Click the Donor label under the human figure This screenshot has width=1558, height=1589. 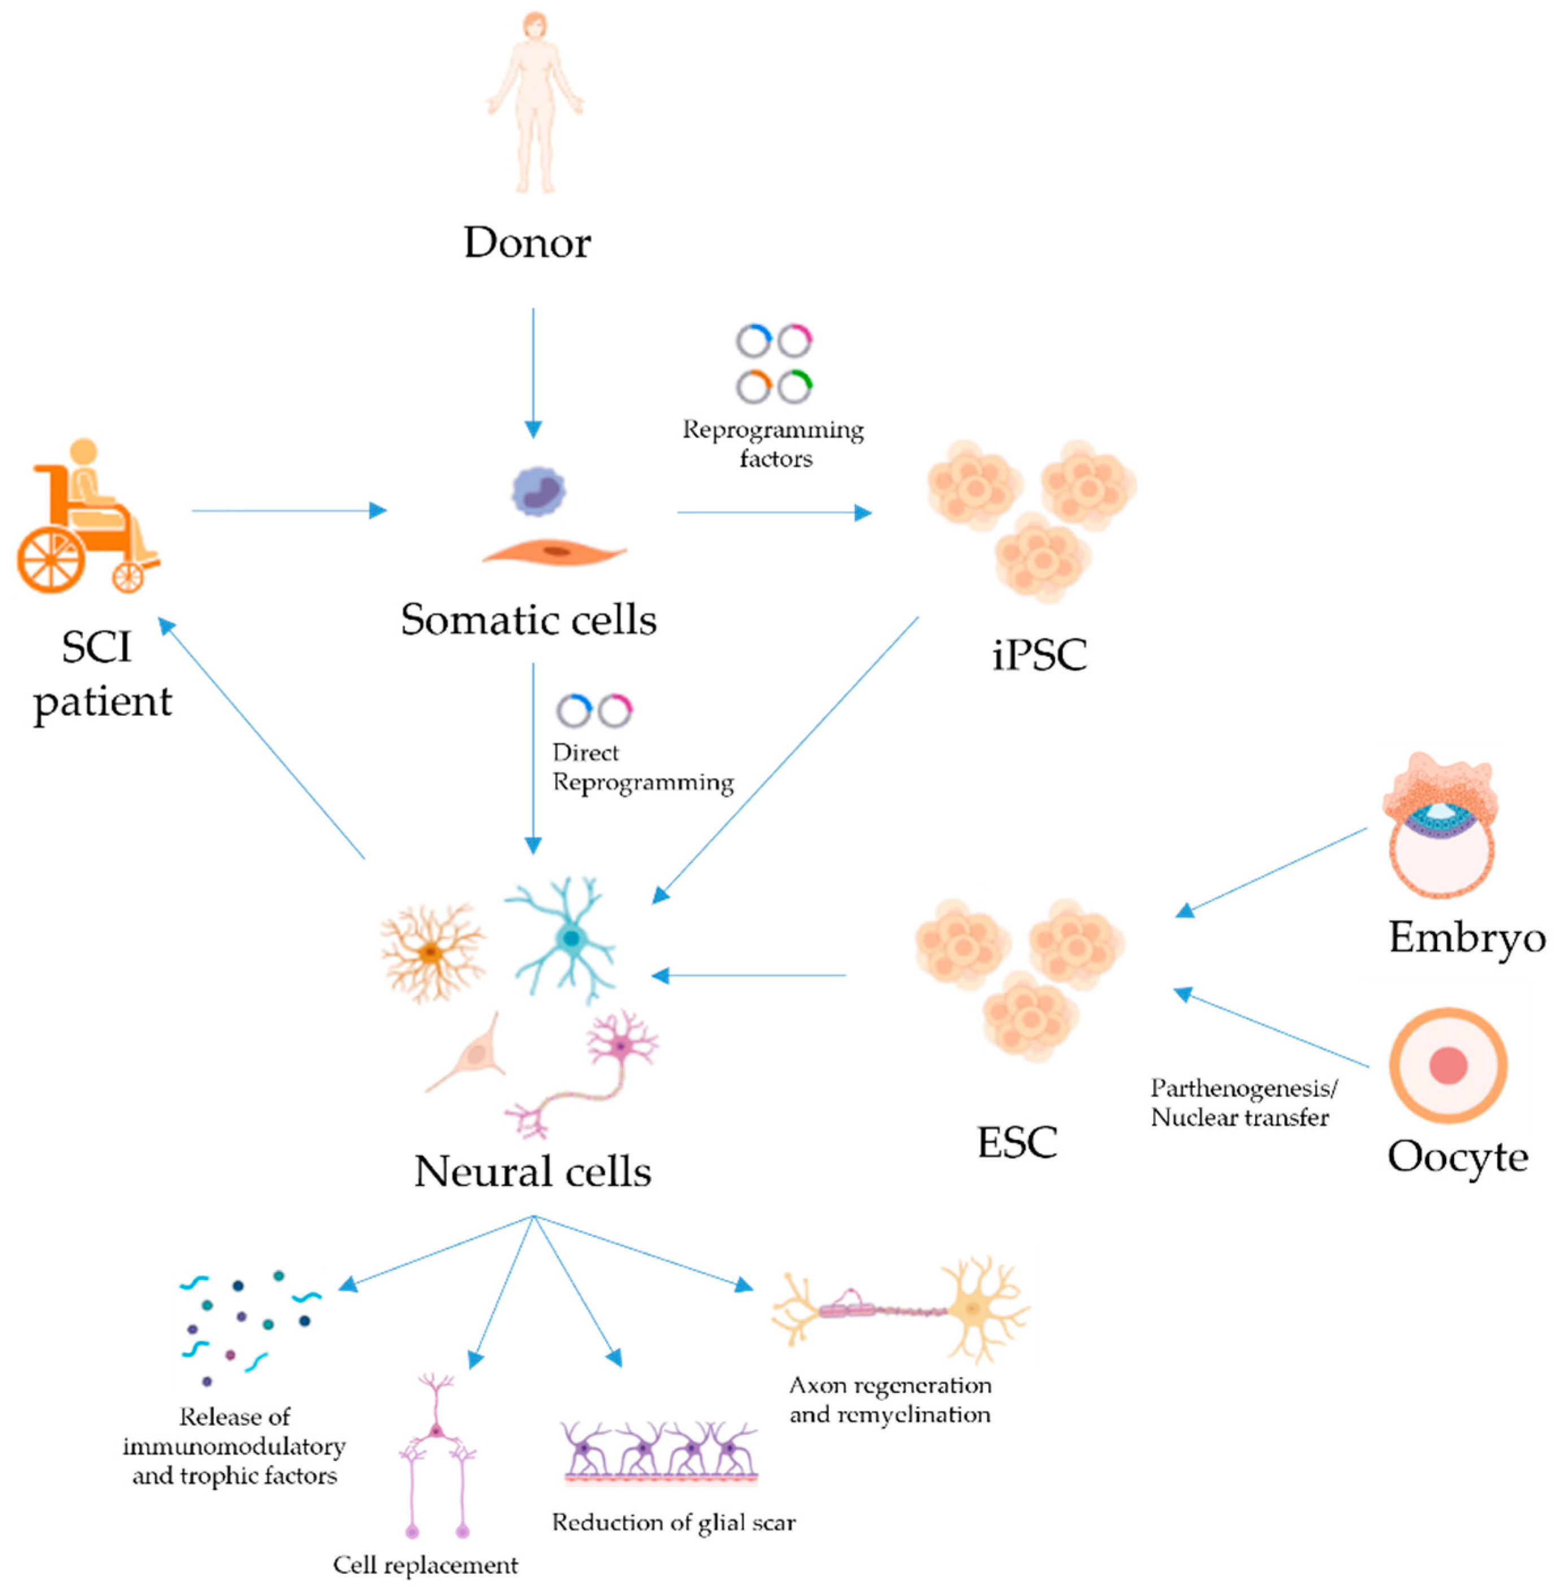527,242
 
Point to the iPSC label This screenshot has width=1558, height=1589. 1039,654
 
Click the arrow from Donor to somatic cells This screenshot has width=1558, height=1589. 533,372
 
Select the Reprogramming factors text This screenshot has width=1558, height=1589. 773,444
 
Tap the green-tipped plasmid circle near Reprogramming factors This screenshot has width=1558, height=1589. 795,386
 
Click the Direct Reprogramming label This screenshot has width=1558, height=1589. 643,767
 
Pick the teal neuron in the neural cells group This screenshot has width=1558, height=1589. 565,937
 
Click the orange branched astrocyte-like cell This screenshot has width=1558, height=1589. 431,952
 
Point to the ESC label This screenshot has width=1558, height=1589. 1017,1142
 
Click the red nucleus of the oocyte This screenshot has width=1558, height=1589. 1448,1065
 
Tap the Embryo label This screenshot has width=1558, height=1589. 1466,937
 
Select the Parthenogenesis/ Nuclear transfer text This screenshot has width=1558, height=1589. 1242,1102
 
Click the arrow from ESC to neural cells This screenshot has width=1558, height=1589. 749,975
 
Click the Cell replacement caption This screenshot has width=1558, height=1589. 425,1565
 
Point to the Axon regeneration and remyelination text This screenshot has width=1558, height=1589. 889,1399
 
